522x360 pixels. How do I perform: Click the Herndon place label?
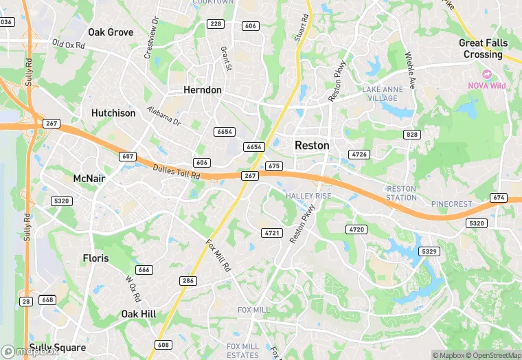point(203,90)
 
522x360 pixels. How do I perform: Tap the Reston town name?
point(312,146)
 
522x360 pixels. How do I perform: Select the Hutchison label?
point(113,113)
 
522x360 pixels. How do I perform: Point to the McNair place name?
point(90,179)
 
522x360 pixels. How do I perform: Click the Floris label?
point(95,258)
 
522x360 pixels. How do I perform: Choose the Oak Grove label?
point(111,32)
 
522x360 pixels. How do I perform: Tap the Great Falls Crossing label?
point(483,49)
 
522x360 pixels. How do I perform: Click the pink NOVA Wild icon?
point(487,74)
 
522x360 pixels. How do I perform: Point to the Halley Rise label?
point(308,196)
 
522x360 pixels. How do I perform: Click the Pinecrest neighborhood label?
point(451,204)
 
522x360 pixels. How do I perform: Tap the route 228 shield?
point(216,24)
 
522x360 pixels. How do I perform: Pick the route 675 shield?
point(274,166)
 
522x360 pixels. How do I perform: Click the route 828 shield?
point(411,135)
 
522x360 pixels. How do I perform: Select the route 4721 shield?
point(273,233)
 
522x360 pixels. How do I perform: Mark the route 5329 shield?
point(429,251)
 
